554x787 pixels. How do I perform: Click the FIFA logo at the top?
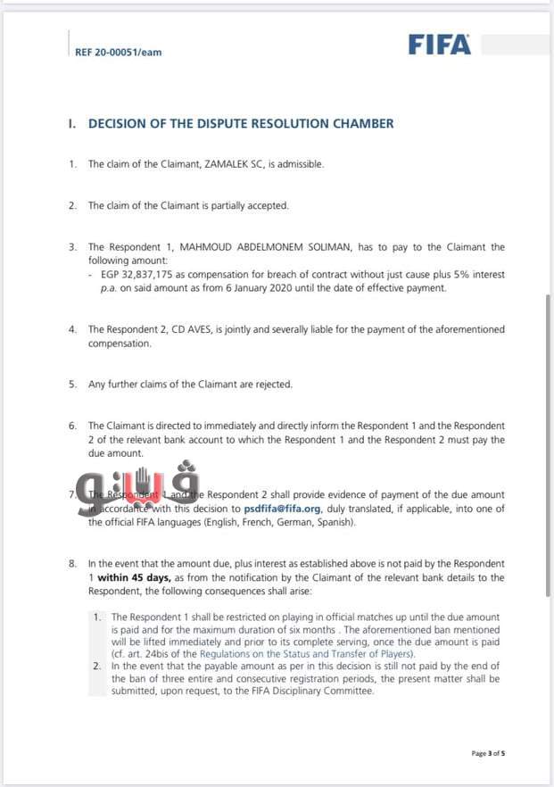tap(440, 45)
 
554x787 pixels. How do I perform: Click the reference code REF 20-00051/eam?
tap(119, 52)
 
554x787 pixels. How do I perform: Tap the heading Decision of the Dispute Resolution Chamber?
tap(241, 124)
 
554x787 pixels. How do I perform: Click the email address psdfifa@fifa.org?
tap(282, 509)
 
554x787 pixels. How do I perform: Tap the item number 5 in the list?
tap(72, 385)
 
